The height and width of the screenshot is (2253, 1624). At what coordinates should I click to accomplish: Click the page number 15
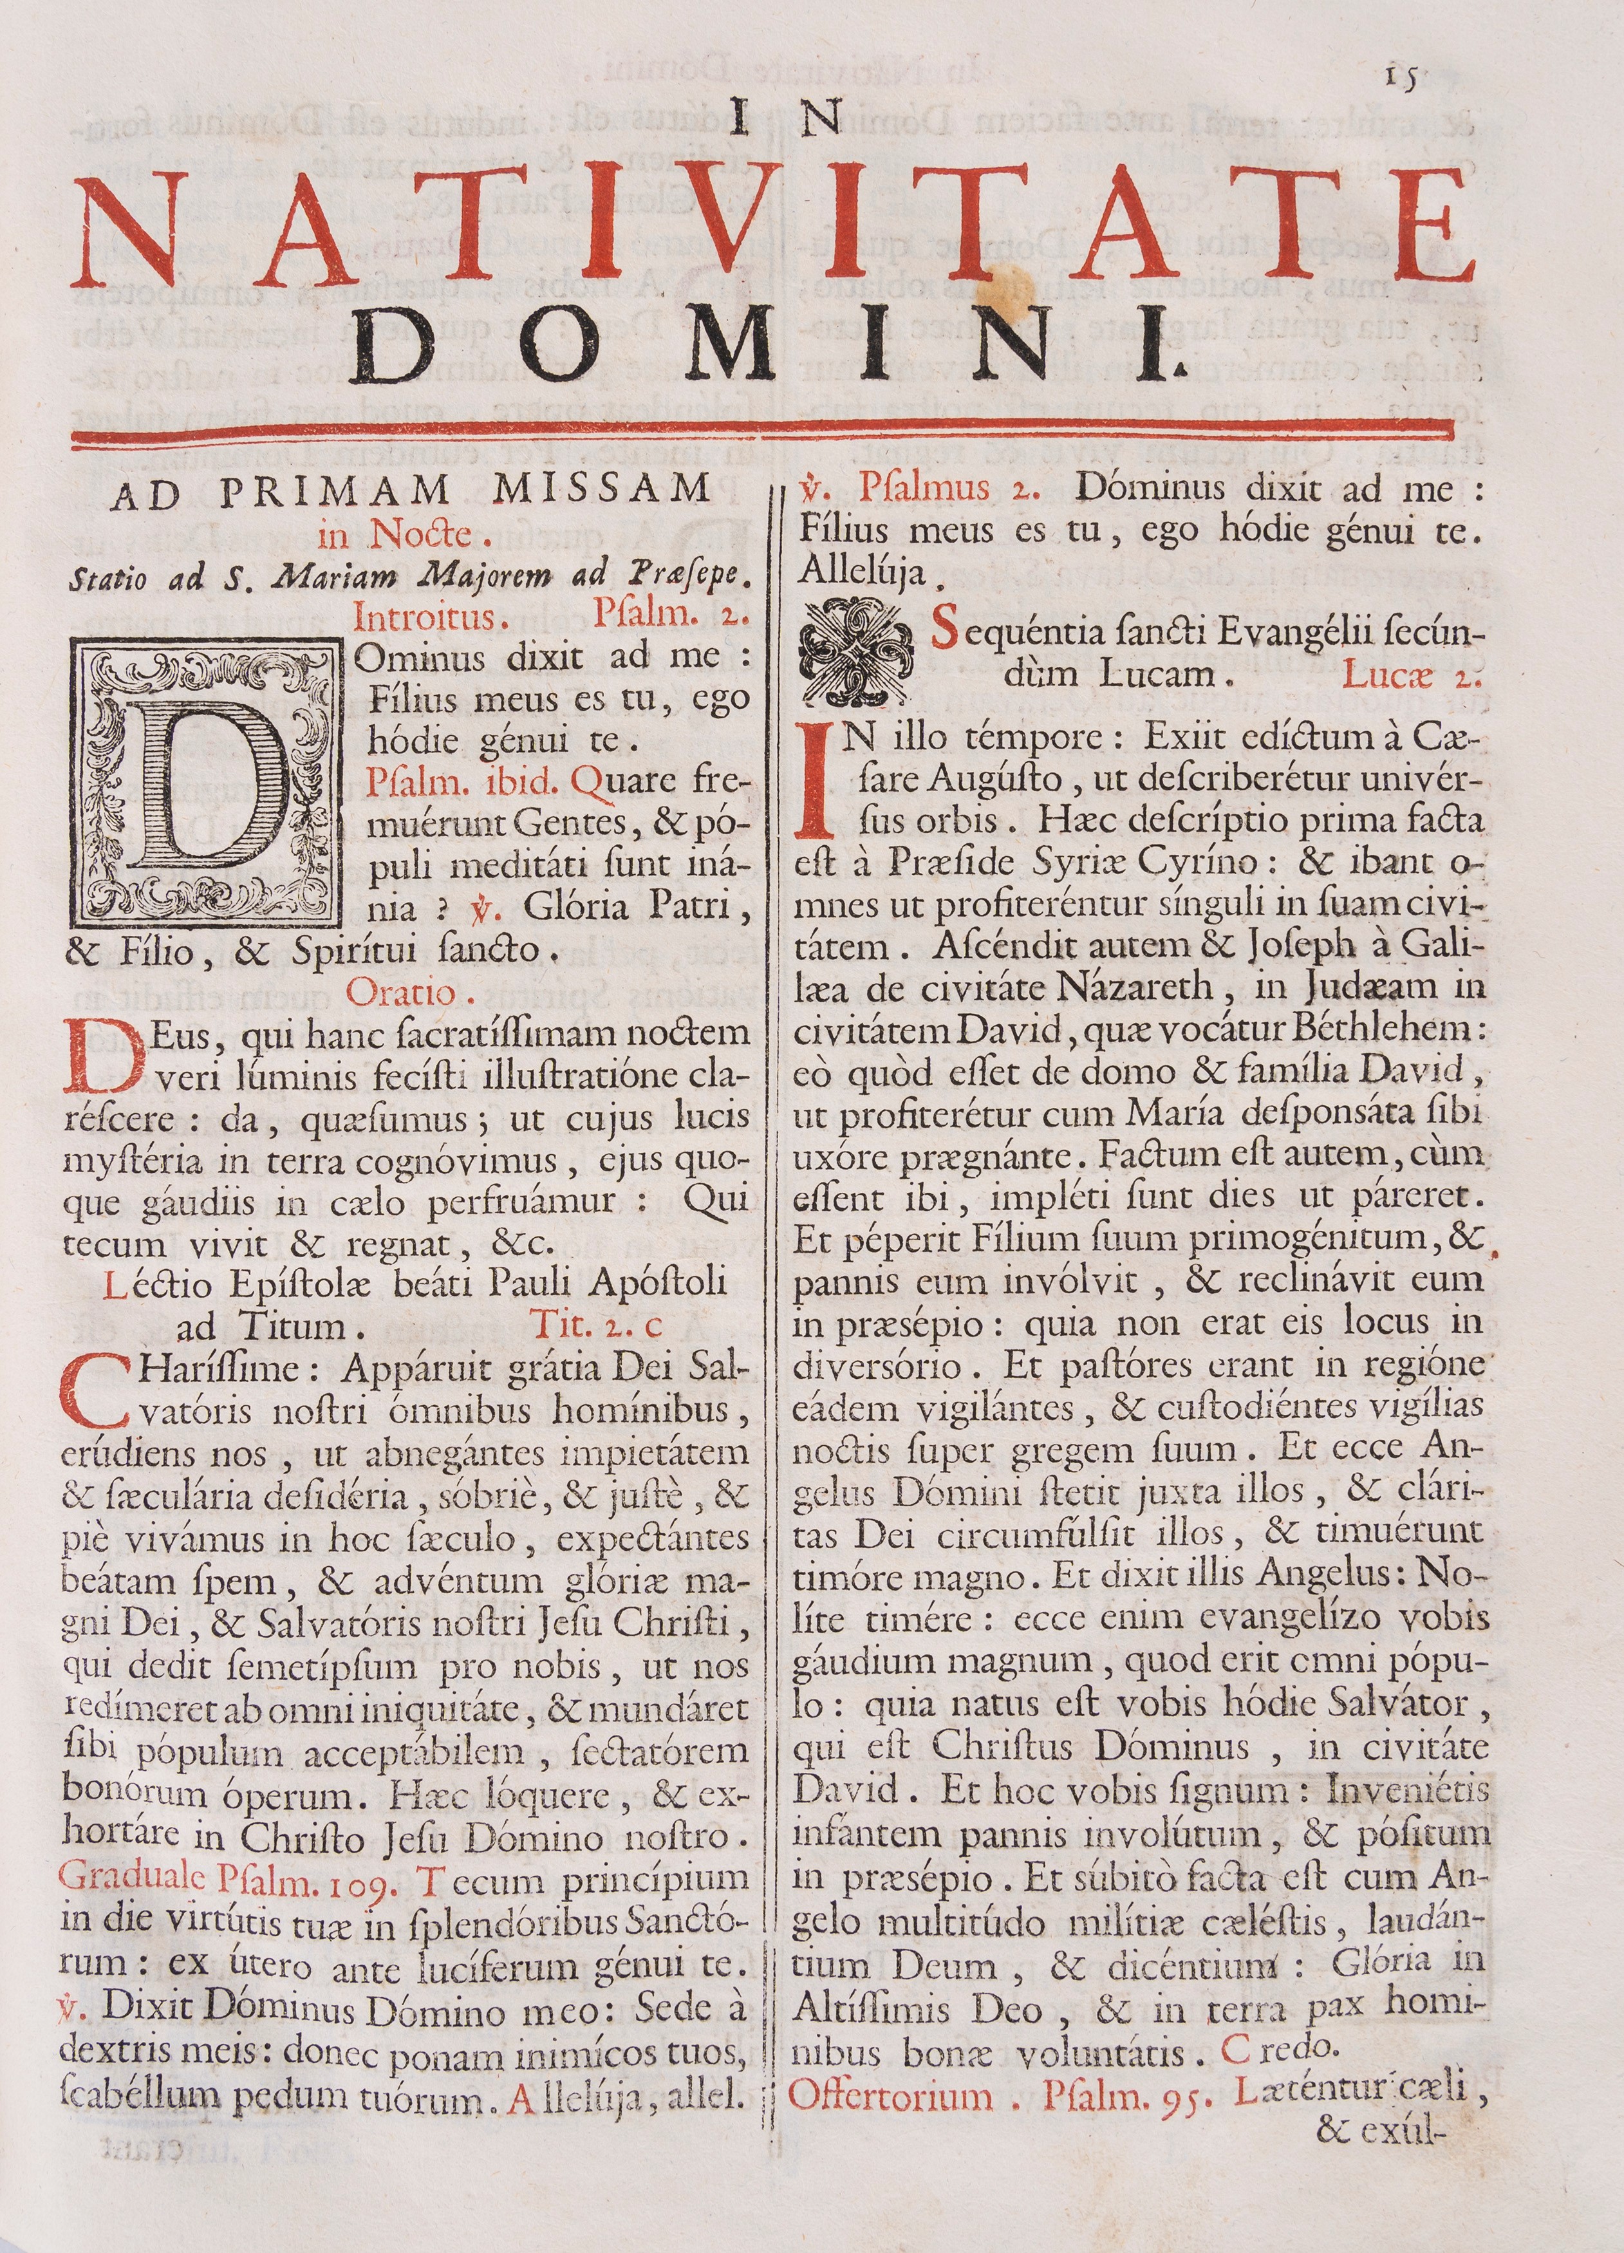(x=1401, y=77)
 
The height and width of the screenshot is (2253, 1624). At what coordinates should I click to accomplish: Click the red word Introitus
(x=425, y=618)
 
